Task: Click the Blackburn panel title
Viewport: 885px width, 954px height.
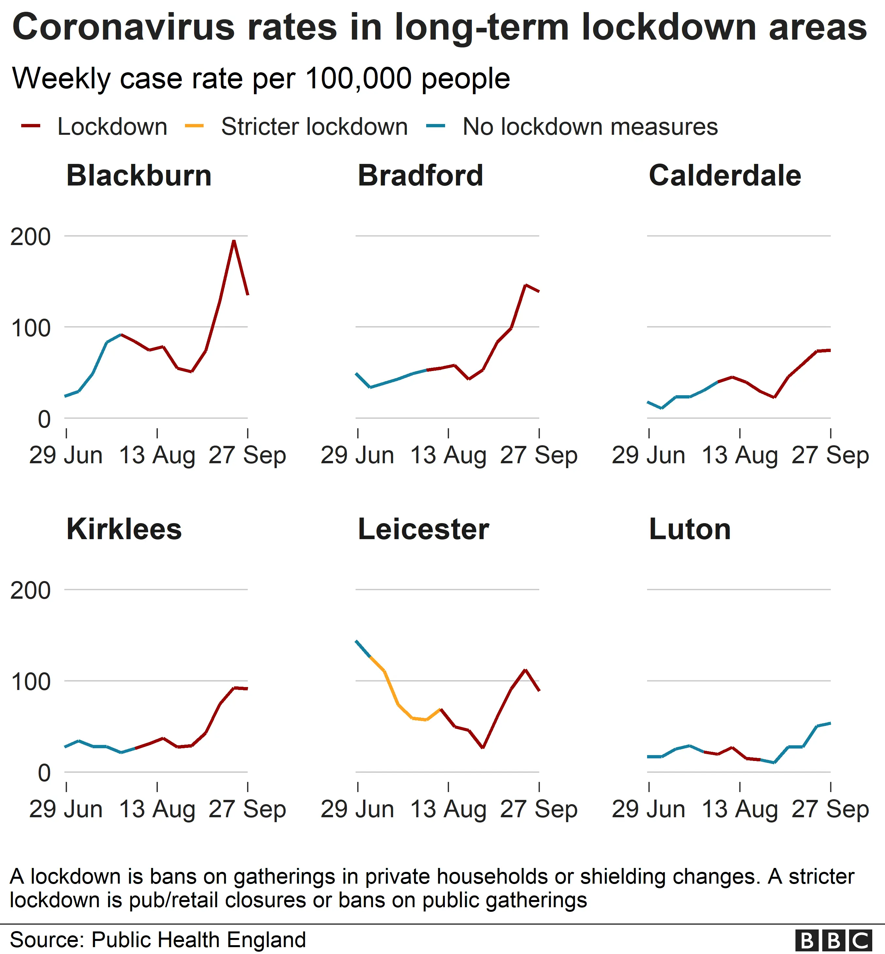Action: [x=139, y=175]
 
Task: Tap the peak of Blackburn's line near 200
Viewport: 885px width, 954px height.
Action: [x=233, y=241]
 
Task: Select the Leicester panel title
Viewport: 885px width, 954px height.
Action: [x=423, y=529]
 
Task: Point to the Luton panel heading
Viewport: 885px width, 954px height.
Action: [x=690, y=529]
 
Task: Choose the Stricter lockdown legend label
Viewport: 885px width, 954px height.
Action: [x=314, y=127]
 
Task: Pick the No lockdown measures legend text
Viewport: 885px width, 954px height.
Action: [x=590, y=127]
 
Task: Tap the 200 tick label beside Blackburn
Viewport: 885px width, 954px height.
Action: [x=30, y=237]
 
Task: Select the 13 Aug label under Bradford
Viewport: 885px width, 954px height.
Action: [x=448, y=455]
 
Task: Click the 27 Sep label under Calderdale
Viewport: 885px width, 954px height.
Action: [x=830, y=455]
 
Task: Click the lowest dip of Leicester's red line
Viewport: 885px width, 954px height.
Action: [x=483, y=747]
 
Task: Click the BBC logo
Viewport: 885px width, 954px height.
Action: [x=833, y=940]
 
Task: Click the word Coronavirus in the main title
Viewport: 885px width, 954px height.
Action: [x=124, y=27]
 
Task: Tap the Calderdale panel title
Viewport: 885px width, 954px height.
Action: [x=725, y=175]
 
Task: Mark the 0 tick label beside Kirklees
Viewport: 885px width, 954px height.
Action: [x=44, y=773]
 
